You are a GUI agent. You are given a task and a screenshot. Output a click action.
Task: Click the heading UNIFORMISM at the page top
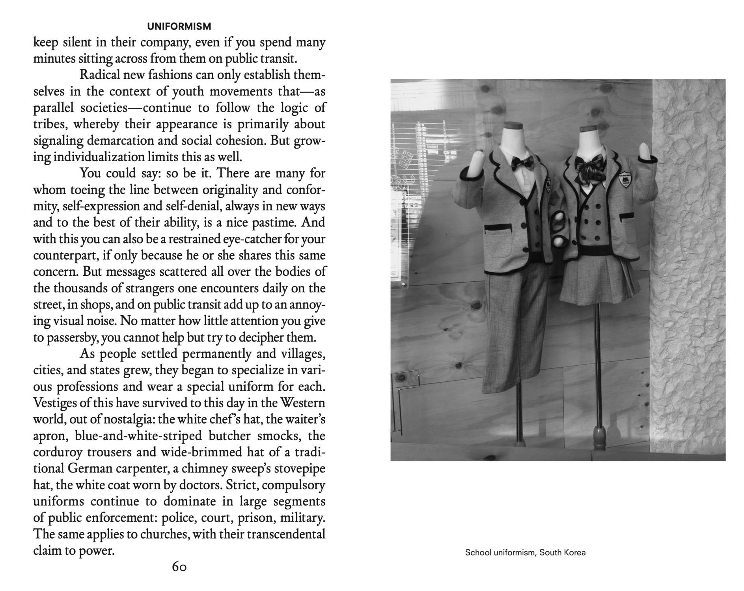[179, 26]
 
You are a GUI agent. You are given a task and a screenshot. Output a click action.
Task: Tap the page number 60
[179, 567]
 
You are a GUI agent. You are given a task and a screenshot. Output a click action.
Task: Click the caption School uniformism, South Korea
[525, 552]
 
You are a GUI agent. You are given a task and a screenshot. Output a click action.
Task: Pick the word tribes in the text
[49, 124]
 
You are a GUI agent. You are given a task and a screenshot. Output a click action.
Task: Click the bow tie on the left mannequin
[522, 162]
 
